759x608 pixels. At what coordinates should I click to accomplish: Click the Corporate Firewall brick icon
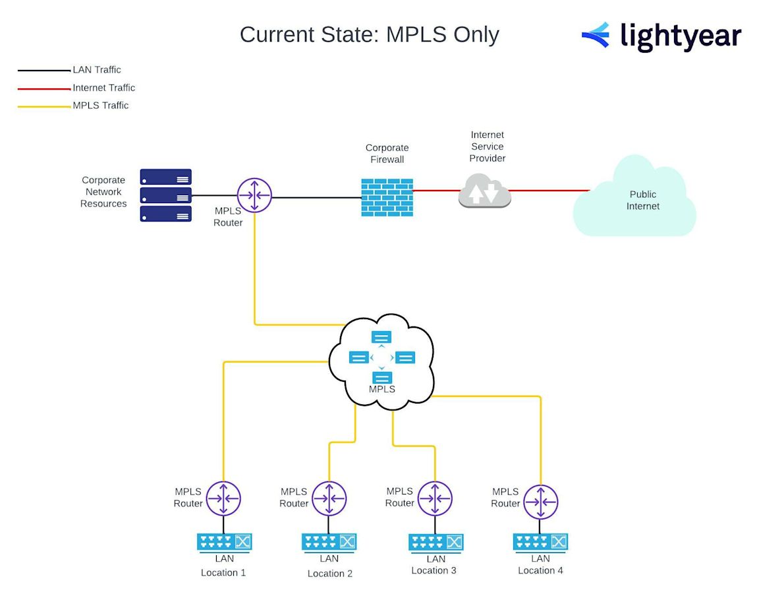(x=387, y=197)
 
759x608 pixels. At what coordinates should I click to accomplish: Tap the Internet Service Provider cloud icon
(x=485, y=191)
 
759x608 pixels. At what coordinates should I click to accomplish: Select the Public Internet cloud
(x=635, y=198)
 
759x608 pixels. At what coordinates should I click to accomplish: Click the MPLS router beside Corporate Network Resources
(x=254, y=195)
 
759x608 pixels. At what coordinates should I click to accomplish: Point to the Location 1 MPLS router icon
(x=223, y=499)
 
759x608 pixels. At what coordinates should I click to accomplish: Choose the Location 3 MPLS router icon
(x=435, y=499)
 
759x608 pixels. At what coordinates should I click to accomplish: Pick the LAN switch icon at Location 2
(x=329, y=542)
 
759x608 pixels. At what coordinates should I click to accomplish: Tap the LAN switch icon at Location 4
(x=540, y=542)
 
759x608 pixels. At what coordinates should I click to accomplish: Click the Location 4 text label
(x=540, y=570)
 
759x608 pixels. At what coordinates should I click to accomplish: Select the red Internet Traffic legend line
(x=43, y=88)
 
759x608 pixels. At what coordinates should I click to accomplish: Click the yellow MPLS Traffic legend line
(x=43, y=106)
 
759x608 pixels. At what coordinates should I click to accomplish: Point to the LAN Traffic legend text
(x=97, y=70)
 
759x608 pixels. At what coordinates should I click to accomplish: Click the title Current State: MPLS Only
(x=369, y=34)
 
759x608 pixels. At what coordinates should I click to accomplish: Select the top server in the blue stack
(x=165, y=177)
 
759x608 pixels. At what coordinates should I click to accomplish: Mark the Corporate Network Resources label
(x=103, y=192)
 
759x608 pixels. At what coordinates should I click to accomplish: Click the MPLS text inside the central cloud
(x=382, y=389)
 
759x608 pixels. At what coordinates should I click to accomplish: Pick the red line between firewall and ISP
(x=436, y=191)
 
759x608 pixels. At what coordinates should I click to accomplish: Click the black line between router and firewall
(x=316, y=196)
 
